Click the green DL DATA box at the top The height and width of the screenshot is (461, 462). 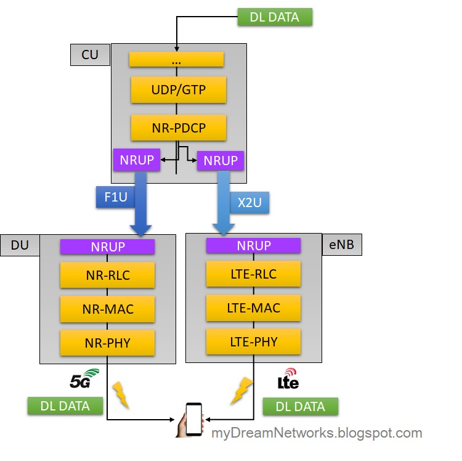[275, 17]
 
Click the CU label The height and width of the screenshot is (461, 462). [89, 55]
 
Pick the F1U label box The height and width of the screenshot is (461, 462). [115, 198]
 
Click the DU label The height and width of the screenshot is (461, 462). [19, 245]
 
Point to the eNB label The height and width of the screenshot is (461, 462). [342, 245]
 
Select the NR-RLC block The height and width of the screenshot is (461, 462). [107, 275]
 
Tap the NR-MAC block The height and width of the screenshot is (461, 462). [107, 308]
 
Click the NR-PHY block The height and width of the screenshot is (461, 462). [107, 342]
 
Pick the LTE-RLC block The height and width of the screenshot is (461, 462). [253, 274]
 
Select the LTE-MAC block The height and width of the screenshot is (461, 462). [253, 308]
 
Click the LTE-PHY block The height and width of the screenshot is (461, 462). [253, 341]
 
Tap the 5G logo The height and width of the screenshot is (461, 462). [84, 378]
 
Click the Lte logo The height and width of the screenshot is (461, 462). [288, 379]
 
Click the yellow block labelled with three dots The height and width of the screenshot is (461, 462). [176, 60]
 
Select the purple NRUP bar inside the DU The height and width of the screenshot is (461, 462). [107, 247]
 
